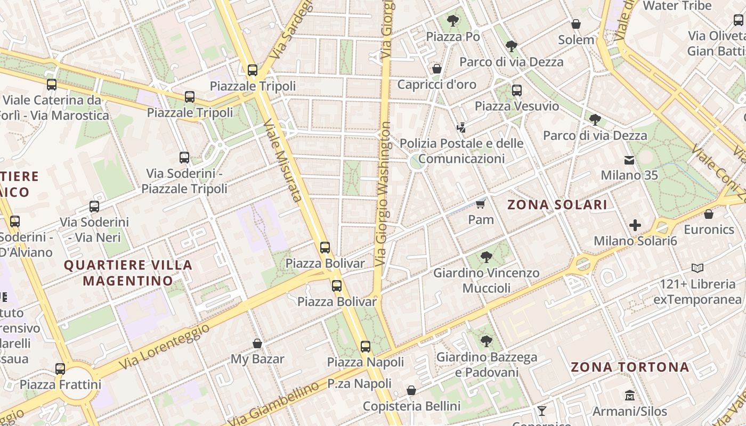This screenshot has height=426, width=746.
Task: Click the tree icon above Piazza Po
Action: coord(453,21)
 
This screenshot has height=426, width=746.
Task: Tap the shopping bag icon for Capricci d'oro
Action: coord(437,69)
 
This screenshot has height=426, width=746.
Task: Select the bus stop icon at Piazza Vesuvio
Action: coord(517,91)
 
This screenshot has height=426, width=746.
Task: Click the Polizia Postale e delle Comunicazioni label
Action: coord(461,151)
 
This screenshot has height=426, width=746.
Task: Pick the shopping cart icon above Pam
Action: coord(481,204)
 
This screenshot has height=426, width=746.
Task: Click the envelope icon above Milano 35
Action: coord(629,160)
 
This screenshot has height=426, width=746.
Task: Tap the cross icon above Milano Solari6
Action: coord(635,225)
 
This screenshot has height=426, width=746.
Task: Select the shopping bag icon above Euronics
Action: coord(709,214)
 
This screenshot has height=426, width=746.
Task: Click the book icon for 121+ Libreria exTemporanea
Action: coord(698,268)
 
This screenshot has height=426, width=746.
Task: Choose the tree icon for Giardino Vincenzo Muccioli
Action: coord(486,258)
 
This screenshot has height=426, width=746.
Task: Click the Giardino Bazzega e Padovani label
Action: coord(486,365)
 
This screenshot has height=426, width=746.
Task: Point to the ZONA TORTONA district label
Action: coord(630,367)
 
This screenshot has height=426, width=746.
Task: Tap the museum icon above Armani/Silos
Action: coord(630,396)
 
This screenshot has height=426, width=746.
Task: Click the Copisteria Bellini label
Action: coord(411,406)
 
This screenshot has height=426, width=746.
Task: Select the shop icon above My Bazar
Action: coord(257,343)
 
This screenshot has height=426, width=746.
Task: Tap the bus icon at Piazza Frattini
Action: coord(60,368)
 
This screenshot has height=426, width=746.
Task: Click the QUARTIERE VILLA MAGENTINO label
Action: coord(128,273)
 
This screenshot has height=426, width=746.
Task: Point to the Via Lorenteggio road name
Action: coord(164,347)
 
